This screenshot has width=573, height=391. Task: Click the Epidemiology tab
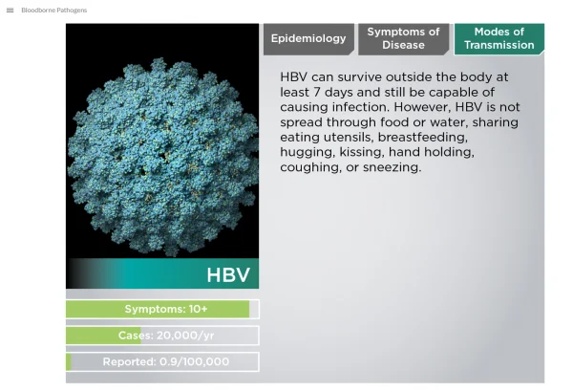[x=308, y=39]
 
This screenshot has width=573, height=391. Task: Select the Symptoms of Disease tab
[x=403, y=39]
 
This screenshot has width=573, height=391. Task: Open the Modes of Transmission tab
[x=499, y=39]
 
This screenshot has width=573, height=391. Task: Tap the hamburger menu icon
[x=11, y=11]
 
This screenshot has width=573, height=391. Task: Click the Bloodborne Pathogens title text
[x=54, y=11]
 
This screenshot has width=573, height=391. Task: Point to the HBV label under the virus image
[x=228, y=274]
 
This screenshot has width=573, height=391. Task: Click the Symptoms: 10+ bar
[x=162, y=309]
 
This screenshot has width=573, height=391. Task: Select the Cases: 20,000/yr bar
[x=162, y=336]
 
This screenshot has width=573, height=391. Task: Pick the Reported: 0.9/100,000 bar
[x=162, y=361]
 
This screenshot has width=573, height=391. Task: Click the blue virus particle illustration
[x=162, y=157]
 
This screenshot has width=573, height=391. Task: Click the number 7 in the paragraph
[x=316, y=92]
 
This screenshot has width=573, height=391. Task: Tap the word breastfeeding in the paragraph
[x=423, y=137]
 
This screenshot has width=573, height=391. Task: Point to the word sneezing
[x=393, y=167]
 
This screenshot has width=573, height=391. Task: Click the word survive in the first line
[x=360, y=77]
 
